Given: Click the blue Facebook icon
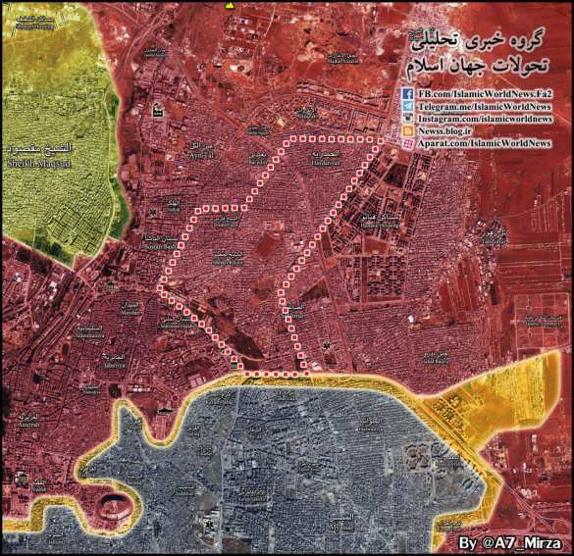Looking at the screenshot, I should [x=406, y=92].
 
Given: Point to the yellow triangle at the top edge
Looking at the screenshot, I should [x=231, y=5].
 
